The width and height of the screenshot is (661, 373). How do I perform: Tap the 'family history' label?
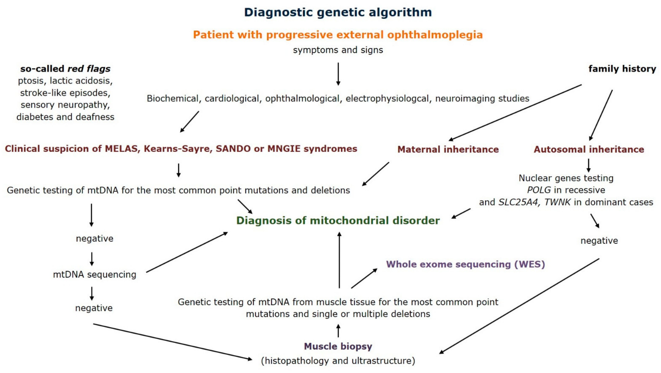coord(622,69)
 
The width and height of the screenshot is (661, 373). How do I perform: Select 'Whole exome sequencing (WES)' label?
coord(465,264)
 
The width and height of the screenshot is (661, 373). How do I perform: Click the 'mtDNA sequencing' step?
coord(94,274)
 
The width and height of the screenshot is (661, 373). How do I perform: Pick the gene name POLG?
coord(539,190)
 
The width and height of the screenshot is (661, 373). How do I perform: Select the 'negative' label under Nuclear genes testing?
coord(599,240)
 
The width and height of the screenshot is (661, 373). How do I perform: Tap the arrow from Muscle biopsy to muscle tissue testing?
coord(338,331)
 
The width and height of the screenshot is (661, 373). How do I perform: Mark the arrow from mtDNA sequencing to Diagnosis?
coord(187,252)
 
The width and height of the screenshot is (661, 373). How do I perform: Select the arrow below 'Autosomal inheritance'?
coord(589,165)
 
